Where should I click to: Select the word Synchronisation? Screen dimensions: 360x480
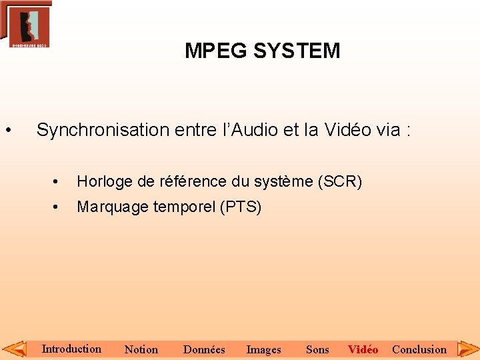click(x=103, y=130)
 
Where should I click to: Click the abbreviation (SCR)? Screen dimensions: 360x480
click(x=340, y=181)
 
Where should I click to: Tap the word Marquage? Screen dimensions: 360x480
click(x=113, y=207)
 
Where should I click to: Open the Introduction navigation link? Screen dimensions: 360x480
click(x=71, y=349)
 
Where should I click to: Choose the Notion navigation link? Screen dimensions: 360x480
click(x=141, y=349)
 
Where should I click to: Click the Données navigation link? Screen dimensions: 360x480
click(x=204, y=349)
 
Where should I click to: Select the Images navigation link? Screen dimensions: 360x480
click(x=263, y=349)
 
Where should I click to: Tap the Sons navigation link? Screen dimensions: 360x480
click(x=317, y=349)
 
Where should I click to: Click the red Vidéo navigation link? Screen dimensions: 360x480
click(x=363, y=349)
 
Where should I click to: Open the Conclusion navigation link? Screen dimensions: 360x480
click(x=419, y=349)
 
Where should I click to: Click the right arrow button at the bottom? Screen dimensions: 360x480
click(x=468, y=349)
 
